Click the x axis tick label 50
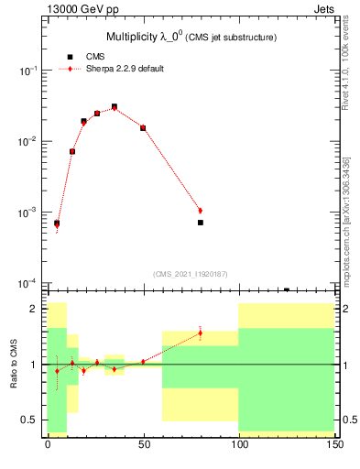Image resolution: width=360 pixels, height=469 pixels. pyautogui.click(x=143, y=444)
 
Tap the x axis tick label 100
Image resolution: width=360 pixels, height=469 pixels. pyautogui.click(x=239, y=444)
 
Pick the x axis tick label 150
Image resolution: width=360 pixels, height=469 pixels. pyautogui.click(x=334, y=444)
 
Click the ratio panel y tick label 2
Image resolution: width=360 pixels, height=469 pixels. pyautogui.click(x=34, y=309)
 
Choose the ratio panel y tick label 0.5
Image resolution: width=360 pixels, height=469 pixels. pyautogui.click(x=30, y=420)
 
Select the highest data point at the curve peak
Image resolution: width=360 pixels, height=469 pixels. pyautogui.click(x=115, y=106)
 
